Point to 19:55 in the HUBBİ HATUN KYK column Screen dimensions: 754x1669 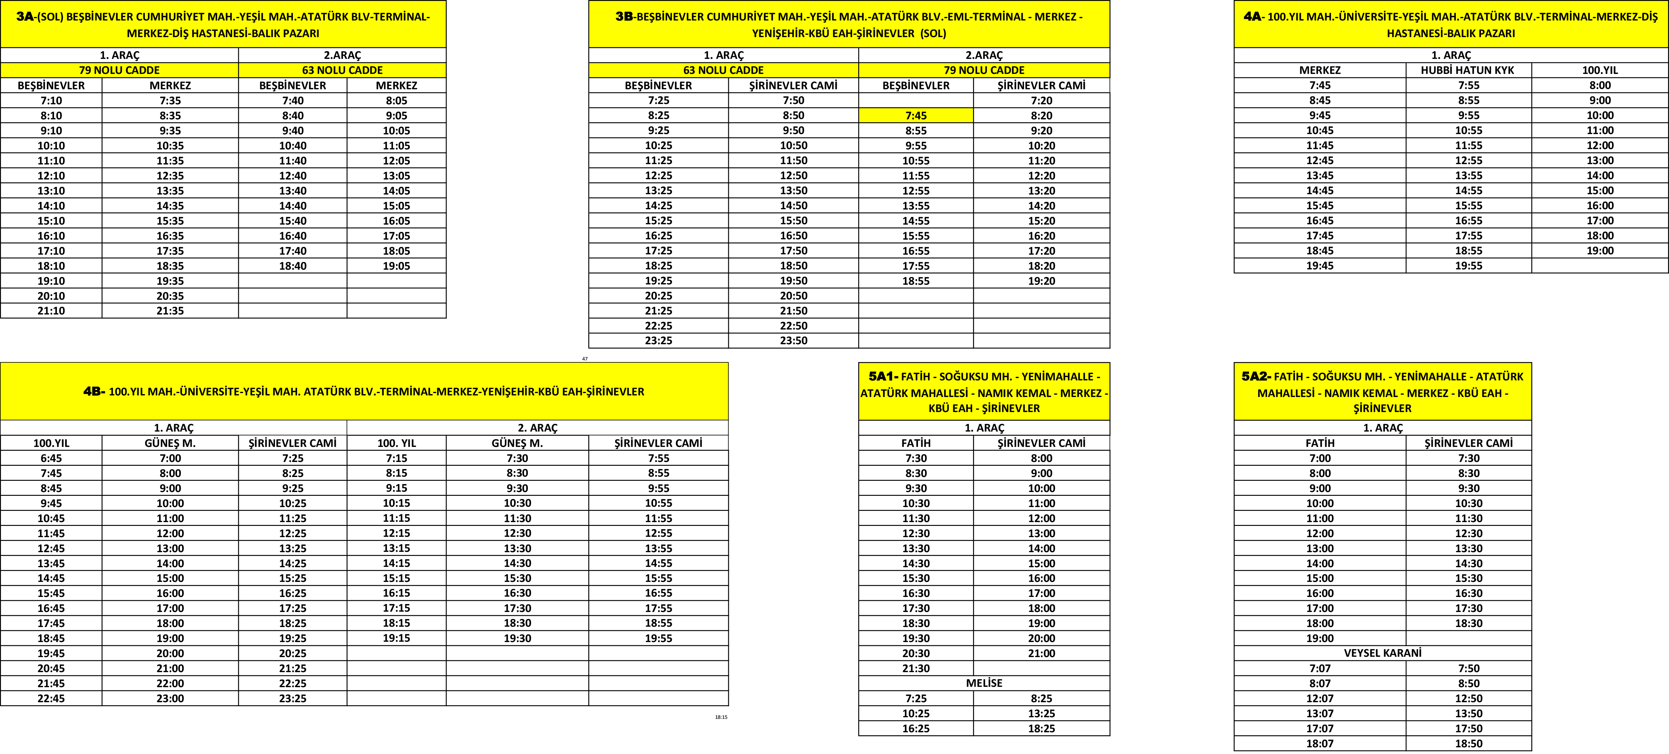click(x=1468, y=266)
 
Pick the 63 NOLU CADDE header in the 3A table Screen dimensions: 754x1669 click(x=342, y=70)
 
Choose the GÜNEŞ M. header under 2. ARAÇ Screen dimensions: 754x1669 click(x=517, y=443)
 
